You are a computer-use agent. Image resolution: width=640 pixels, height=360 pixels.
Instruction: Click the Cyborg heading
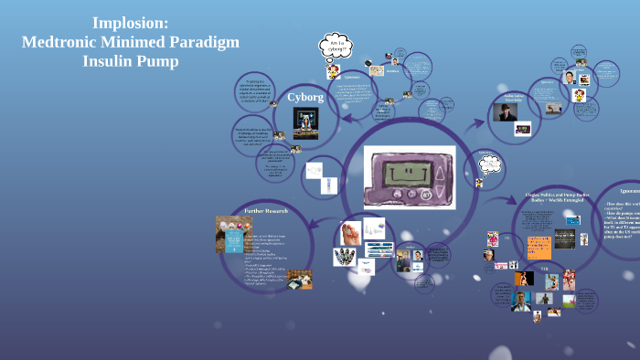(305, 96)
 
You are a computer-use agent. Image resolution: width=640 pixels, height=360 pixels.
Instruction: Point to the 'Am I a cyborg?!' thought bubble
(335, 45)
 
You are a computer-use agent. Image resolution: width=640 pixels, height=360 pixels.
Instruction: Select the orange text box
(539, 247)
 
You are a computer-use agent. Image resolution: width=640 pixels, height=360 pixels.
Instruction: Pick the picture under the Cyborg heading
(305, 121)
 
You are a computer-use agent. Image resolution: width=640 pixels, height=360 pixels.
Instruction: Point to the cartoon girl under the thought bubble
(333, 70)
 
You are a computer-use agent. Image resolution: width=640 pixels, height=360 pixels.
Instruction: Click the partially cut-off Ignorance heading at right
(629, 190)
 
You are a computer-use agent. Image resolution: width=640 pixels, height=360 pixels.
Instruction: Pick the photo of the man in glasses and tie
(569, 78)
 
